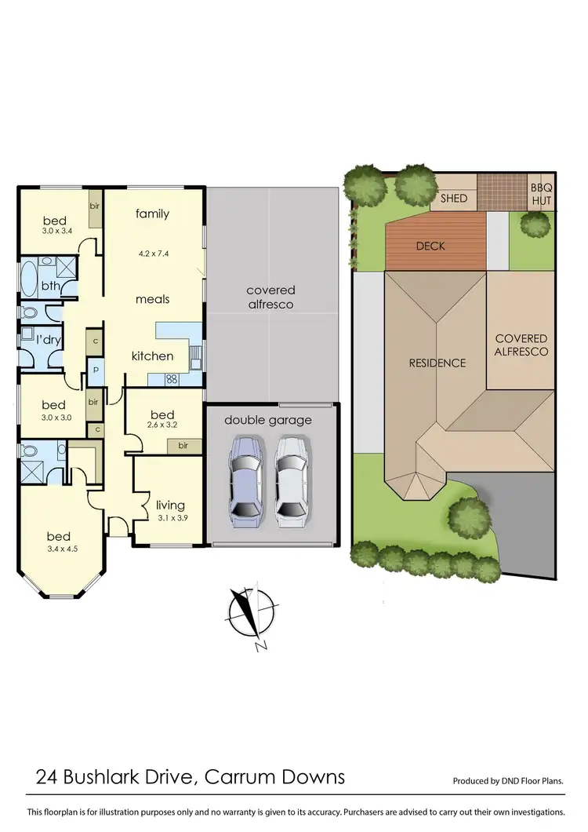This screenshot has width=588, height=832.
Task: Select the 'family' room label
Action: click(x=152, y=213)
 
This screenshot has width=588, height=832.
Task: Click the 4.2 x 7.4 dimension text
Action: click(x=152, y=254)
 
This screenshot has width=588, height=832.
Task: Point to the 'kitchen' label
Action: click(x=152, y=356)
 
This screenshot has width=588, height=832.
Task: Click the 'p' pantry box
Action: click(x=95, y=368)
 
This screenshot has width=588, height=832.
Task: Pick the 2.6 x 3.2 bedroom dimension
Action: click(x=162, y=425)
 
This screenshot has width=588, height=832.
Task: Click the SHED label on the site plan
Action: click(x=453, y=199)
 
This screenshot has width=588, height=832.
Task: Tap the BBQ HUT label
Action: click(x=541, y=194)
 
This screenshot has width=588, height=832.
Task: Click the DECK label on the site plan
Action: click(x=430, y=246)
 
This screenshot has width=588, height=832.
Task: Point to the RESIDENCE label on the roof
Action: click(x=437, y=363)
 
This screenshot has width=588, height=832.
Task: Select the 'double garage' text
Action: click(x=267, y=420)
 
